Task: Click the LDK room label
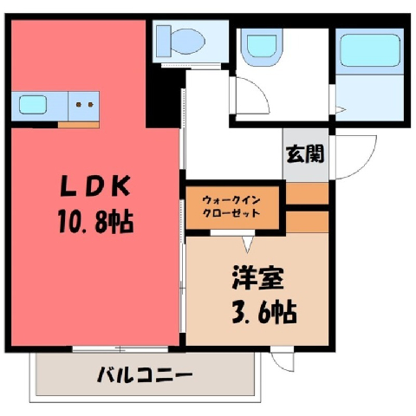click(x=95, y=185)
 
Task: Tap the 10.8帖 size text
click(x=96, y=222)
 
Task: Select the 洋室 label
click(x=257, y=278)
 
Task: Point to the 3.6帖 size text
click(x=264, y=312)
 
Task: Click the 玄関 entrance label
click(x=305, y=153)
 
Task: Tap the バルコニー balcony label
click(x=145, y=375)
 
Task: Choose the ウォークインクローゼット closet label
click(x=231, y=207)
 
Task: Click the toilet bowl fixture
click(x=188, y=41)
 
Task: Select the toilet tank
click(x=164, y=41)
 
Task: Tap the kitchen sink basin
click(x=33, y=105)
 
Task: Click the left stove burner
click(x=79, y=105)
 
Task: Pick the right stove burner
click(x=90, y=105)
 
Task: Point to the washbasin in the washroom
click(x=262, y=47)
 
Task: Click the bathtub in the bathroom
click(x=370, y=50)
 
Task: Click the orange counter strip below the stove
click(x=79, y=125)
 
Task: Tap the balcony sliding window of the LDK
click(x=120, y=349)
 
